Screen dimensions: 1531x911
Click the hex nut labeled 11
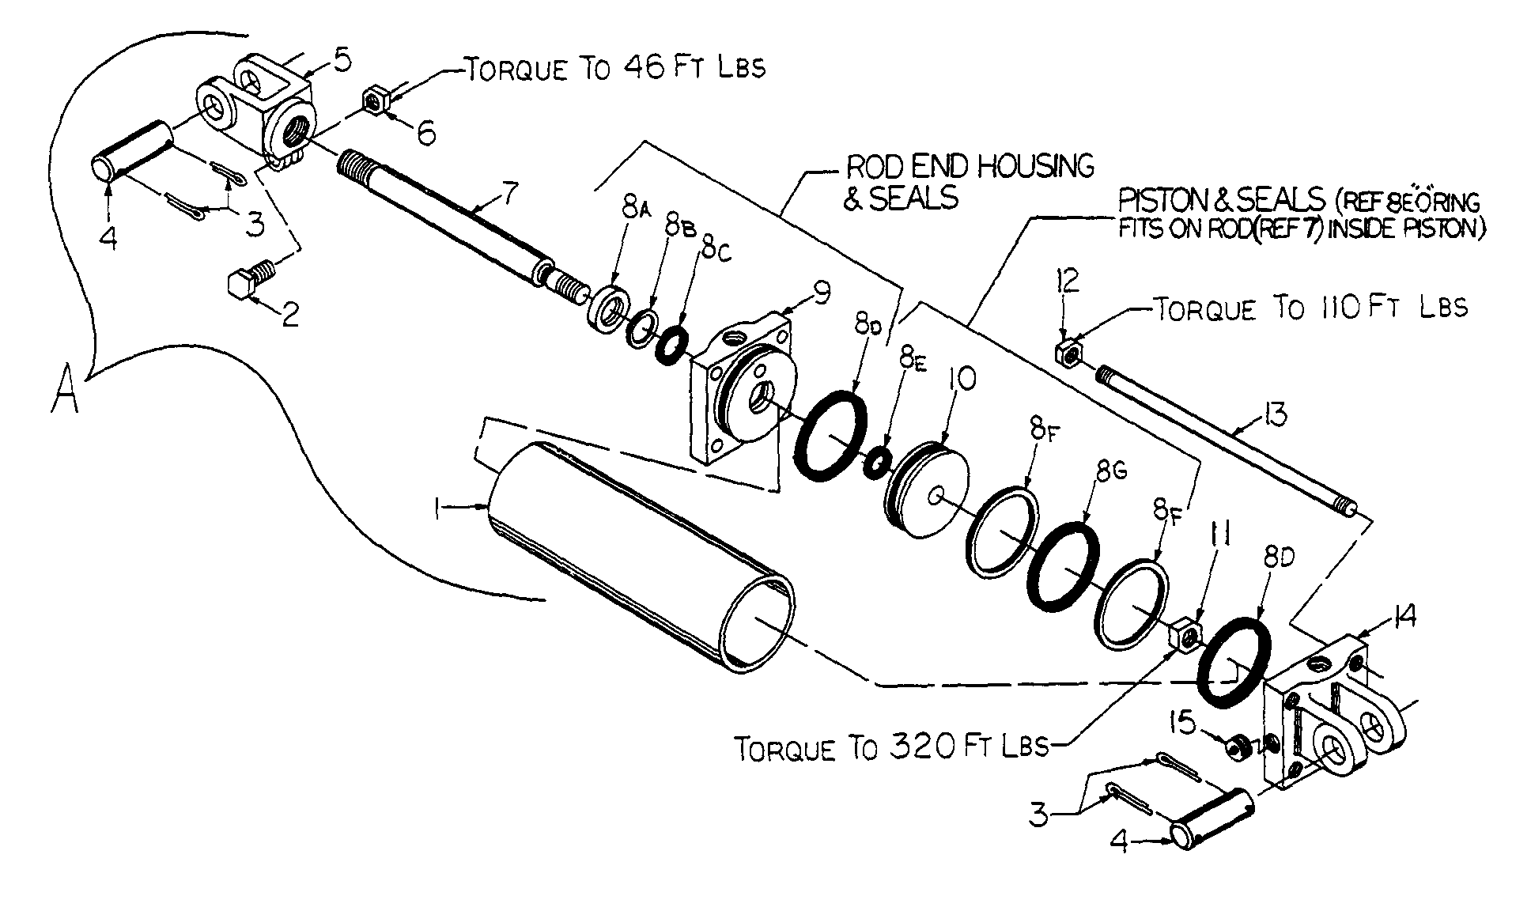1185,634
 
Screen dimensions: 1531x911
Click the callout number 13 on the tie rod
1275,414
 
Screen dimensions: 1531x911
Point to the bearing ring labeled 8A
609,311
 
